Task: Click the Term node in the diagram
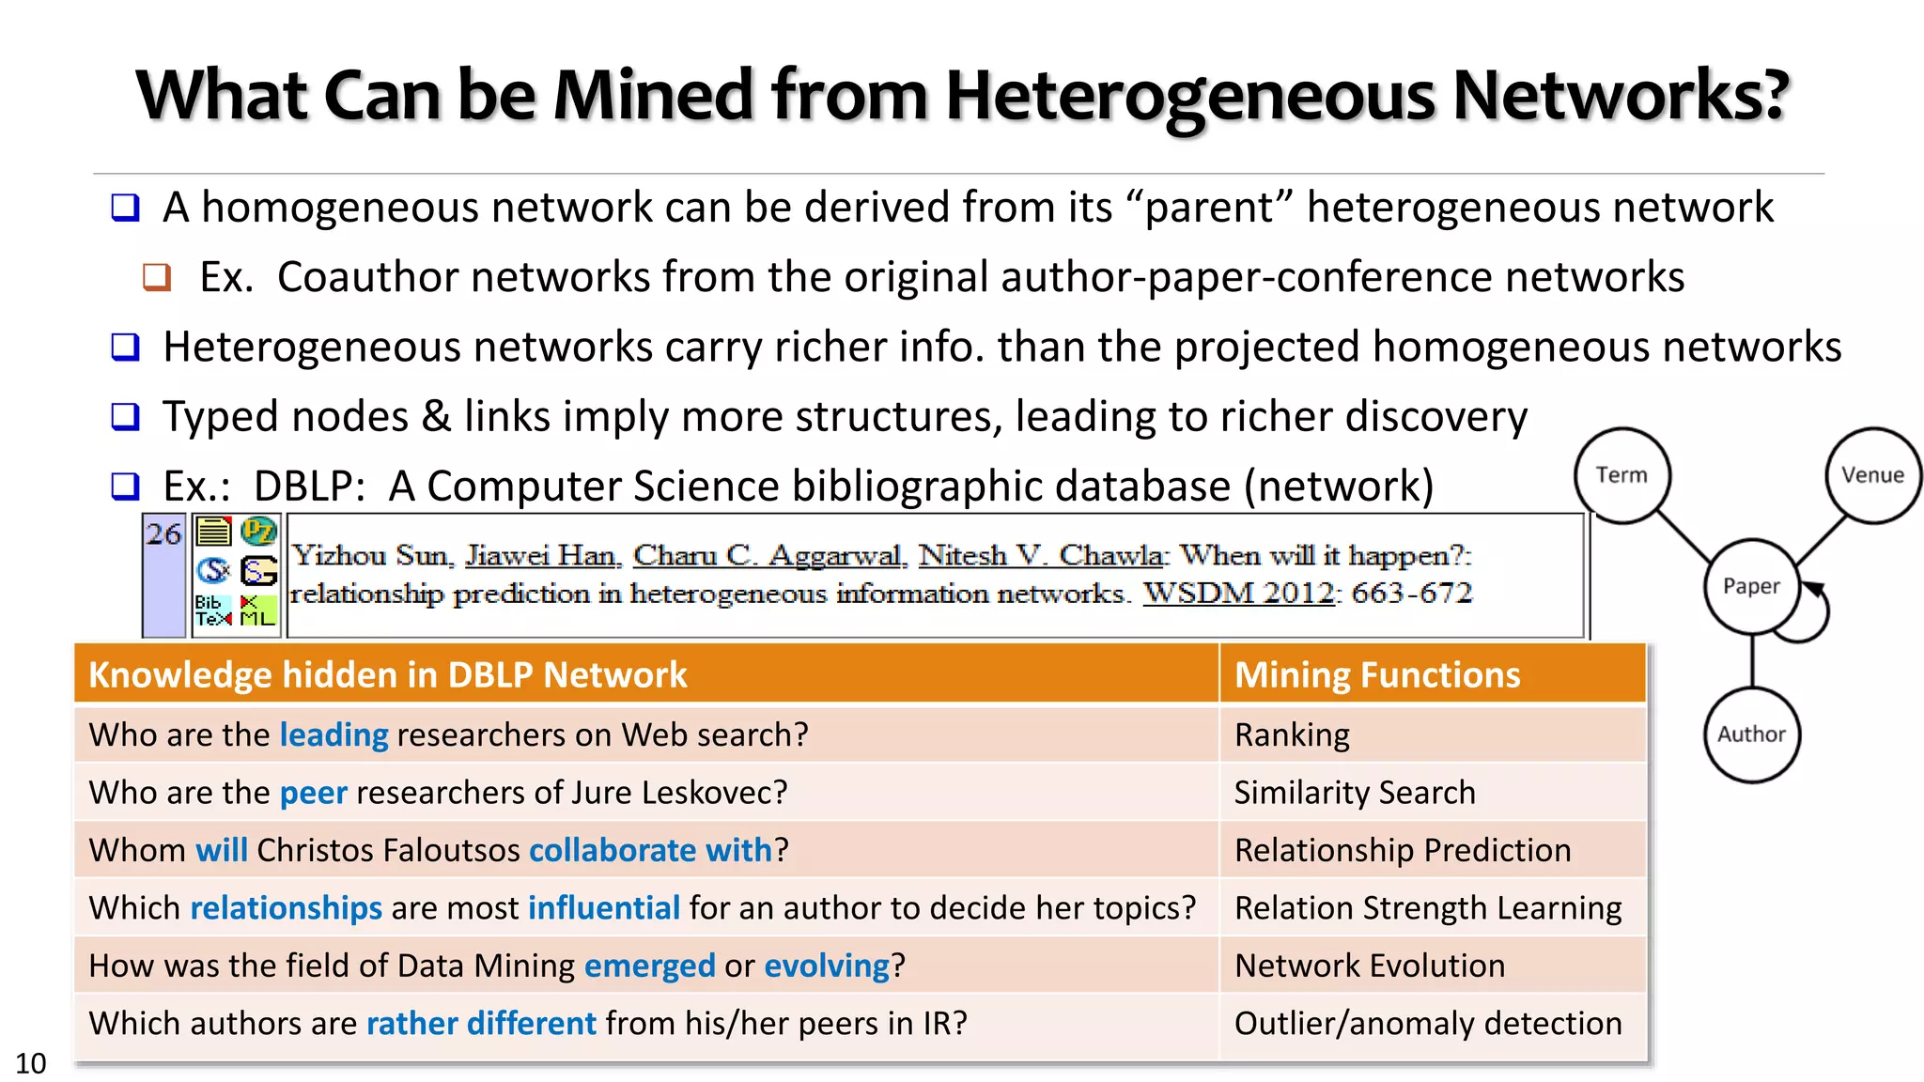pyautogui.click(x=1621, y=475)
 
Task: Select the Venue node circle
pyautogui.click(x=1872, y=475)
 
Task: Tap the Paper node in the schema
pyautogui.click(x=1751, y=586)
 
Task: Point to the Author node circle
pyautogui.click(x=1751, y=734)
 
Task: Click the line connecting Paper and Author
pyautogui.click(x=1752, y=661)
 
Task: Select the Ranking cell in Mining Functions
pyautogui.click(x=1292, y=734)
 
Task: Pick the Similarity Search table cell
pyautogui.click(x=1354, y=793)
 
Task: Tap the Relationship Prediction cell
pyautogui.click(x=1402, y=850)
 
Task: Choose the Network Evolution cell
pyautogui.click(x=1369, y=966)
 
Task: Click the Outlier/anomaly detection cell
pyautogui.click(x=1427, y=1023)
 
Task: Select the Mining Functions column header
pyautogui.click(x=1376, y=674)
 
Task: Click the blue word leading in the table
pyautogui.click(x=334, y=734)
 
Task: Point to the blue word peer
pyautogui.click(x=314, y=793)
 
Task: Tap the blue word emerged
pyautogui.click(x=649, y=966)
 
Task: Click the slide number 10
pyautogui.click(x=30, y=1063)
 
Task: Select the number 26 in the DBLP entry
pyautogui.click(x=163, y=534)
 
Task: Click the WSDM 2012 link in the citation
pyautogui.click(x=1238, y=594)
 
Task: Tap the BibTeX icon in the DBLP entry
pyautogui.click(x=213, y=611)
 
